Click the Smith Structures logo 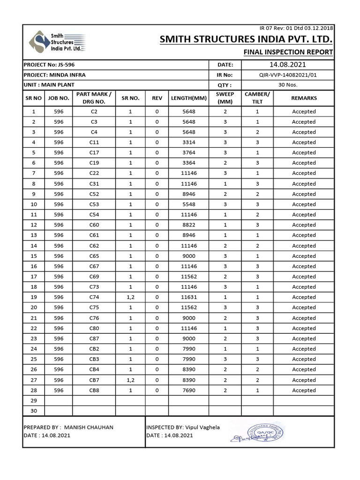(x=56, y=42)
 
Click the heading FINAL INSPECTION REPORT (x=288, y=52)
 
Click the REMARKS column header (x=304, y=98)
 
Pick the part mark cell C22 (x=94, y=173)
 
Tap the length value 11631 (x=189, y=297)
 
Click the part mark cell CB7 (x=94, y=380)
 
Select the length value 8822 (x=189, y=225)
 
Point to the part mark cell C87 (x=94, y=338)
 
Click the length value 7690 (x=189, y=390)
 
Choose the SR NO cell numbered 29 (x=33, y=401)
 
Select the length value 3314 (x=189, y=142)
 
